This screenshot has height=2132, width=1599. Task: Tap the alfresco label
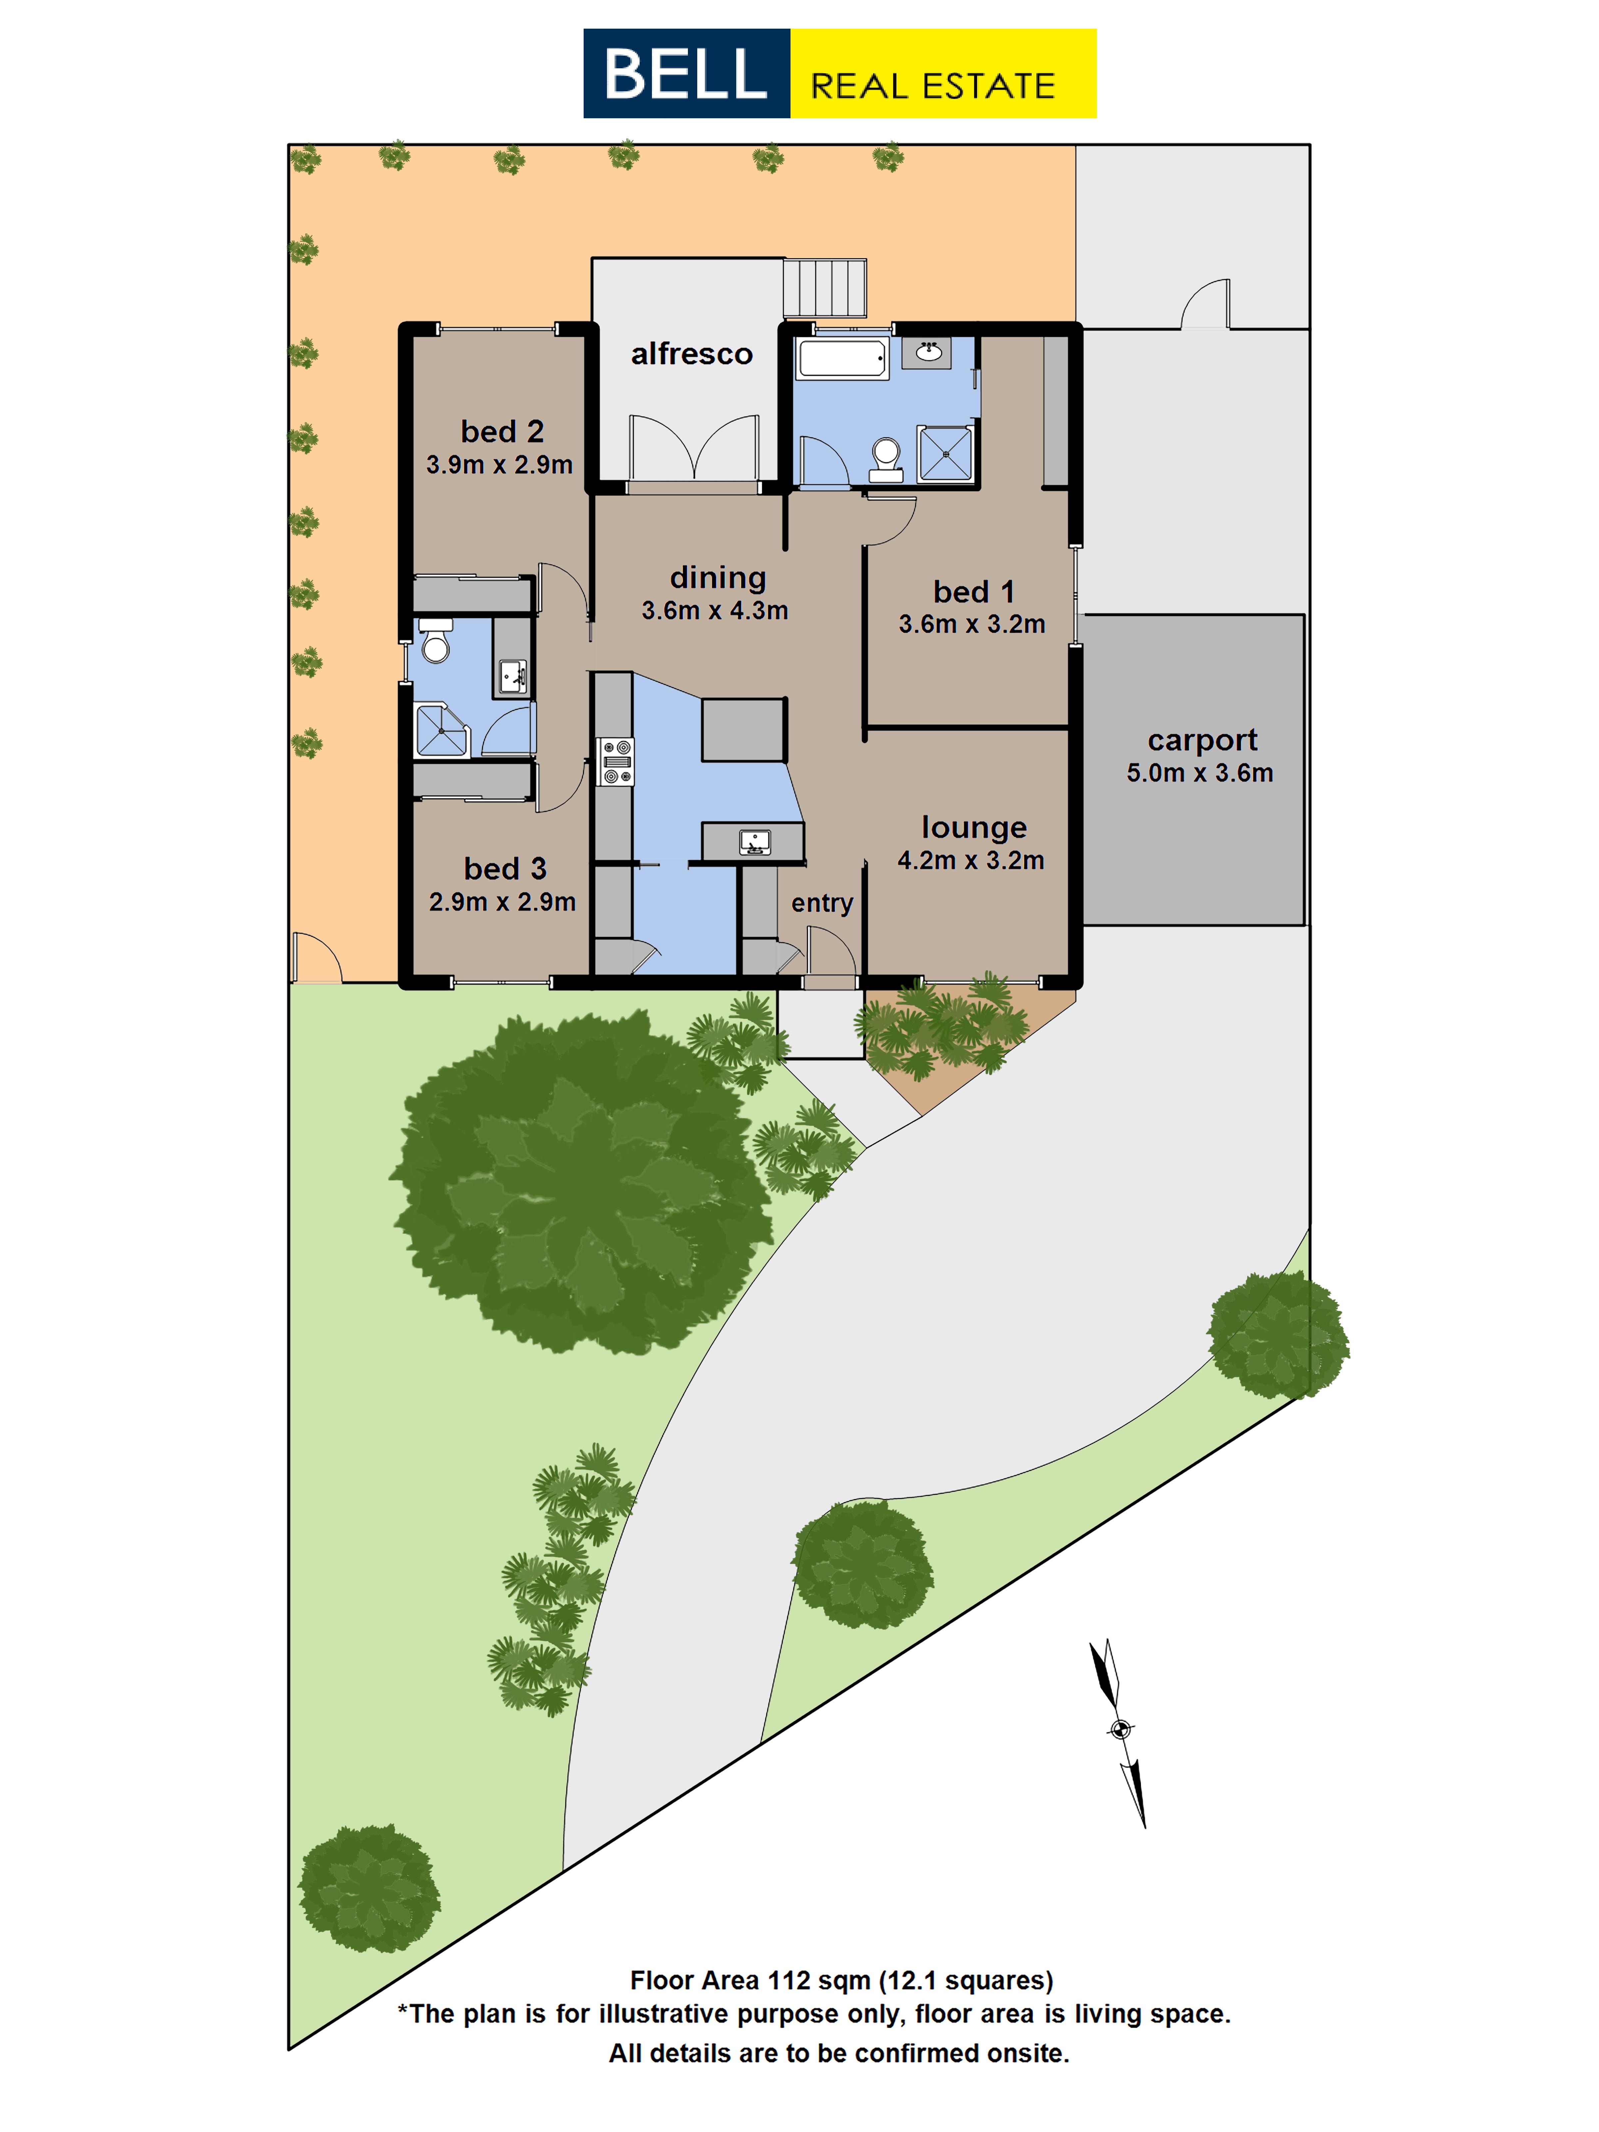point(691,354)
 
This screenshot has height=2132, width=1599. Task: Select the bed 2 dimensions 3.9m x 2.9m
point(499,465)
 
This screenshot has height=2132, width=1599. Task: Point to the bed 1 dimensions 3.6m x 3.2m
point(971,624)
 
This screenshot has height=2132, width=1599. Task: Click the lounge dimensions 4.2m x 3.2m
point(971,860)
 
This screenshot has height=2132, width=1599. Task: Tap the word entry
point(822,903)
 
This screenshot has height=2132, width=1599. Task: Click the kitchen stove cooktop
point(615,762)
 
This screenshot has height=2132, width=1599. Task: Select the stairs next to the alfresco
point(824,287)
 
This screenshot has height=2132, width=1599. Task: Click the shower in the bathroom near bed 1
point(944,452)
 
